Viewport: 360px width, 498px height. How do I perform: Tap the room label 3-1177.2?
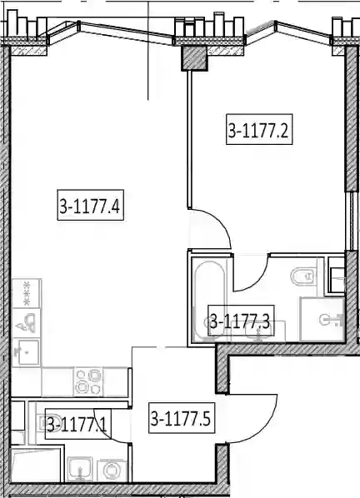pyautogui.click(x=259, y=129)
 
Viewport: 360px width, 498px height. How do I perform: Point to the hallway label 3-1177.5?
pyautogui.click(x=182, y=418)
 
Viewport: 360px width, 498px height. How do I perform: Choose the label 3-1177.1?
pyautogui.click(x=77, y=424)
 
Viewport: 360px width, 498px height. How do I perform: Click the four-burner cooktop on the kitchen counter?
pyautogui.click(x=88, y=381)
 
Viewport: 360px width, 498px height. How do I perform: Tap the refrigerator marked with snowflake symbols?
pyautogui.click(x=27, y=293)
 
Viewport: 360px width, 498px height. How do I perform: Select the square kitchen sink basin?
pyautogui.click(x=27, y=352)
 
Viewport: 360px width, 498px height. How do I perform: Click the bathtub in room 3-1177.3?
pyautogui.click(x=209, y=301)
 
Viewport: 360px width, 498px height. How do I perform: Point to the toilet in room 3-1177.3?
pyautogui.click(x=303, y=276)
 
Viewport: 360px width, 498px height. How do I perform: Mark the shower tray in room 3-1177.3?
pyautogui.click(x=322, y=319)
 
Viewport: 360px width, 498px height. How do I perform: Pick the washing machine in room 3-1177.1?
pyautogui.click(x=112, y=470)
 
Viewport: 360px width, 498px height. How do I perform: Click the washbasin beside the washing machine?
pyautogui.click(x=80, y=470)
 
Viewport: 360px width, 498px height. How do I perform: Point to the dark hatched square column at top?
pyautogui.click(x=194, y=58)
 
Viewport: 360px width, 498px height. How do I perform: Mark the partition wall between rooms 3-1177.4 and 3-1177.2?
pyautogui.click(x=189, y=139)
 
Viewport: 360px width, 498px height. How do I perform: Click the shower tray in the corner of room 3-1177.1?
pyautogui.click(x=36, y=466)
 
